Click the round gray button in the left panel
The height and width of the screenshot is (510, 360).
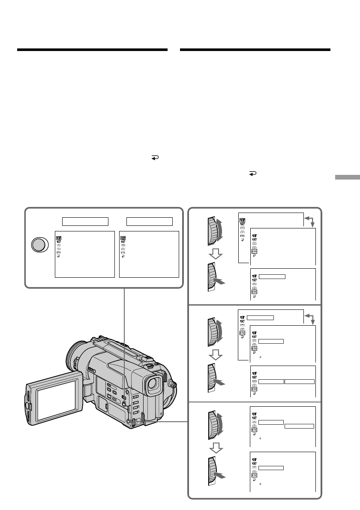click(38, 245)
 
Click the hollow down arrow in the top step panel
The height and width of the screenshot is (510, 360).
click(217, 255)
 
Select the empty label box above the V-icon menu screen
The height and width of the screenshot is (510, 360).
click(149, 221)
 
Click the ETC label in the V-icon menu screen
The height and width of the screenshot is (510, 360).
click(123, 253)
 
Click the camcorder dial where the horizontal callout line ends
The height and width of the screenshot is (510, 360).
click(136, 422)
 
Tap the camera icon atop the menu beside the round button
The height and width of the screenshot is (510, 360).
click(58, 236)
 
